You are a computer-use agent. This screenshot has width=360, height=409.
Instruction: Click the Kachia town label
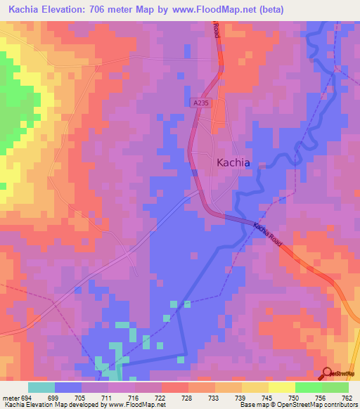tap(233, 162)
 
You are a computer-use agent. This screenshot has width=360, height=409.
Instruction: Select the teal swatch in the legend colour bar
tap(41, 387)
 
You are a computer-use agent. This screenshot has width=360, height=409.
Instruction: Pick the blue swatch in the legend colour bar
tap(68, 387)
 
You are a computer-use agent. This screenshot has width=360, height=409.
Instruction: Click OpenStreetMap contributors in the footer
tap(321, 404)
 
